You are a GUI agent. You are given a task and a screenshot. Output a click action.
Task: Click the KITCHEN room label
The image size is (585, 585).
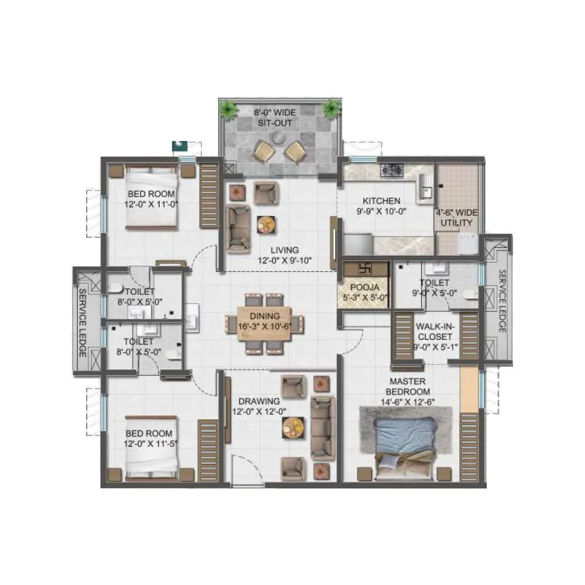pyautogui.click(x=381, y=201)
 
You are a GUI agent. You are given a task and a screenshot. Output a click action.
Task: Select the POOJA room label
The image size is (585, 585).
pyautogui.click(x=364, y=288)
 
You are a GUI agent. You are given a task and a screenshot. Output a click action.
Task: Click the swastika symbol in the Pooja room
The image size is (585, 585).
pyautogui.click(x=364, y=269)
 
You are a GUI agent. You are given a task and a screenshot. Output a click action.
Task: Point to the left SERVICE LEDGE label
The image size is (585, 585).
pyautogui.click(x=82, y=323)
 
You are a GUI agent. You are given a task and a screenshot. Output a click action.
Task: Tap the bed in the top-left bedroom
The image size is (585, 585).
pyautogui.click(x=151, y=196)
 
